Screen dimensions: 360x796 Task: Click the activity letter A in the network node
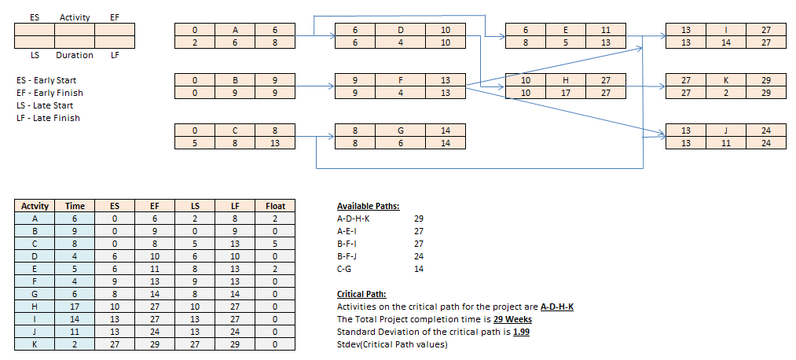[x=234, y=29]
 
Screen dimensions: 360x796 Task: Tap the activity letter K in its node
[x=725, y=80]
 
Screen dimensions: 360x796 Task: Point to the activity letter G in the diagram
[x=400, y=130]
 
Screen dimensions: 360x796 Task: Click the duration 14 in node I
[x=725, y=42]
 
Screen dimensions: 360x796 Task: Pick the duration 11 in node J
[x=725, y=143]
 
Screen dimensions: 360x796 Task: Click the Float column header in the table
[x=275, y=206]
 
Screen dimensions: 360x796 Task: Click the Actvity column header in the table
[x=35, y=206]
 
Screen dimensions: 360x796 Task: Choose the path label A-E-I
[x=347, y=231]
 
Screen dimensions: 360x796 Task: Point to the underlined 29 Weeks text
[x=513, y=319]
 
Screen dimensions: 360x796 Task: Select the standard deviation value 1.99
[x=522, y=332]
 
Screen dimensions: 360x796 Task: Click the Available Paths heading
[x=368, y=206]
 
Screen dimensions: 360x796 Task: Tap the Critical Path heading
[x=361, y=293]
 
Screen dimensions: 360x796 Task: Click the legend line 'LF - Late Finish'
[x=48, y=118]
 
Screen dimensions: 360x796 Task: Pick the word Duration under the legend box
[x=75, y=55]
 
